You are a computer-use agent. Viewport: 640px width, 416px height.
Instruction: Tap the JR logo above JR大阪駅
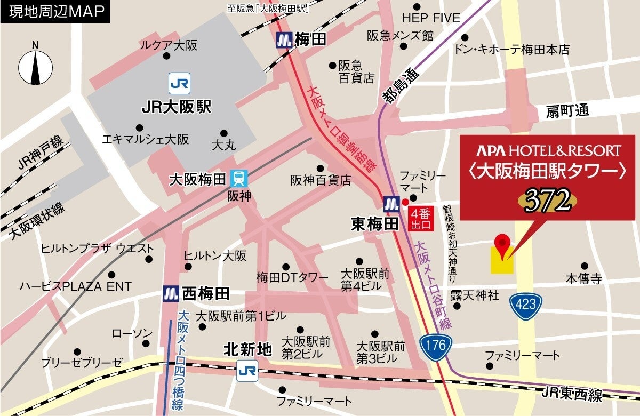(x=180, y=83)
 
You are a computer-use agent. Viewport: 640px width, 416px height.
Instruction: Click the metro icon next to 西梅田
(x=171, y=293)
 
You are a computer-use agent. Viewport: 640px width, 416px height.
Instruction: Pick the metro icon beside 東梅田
(x=393, y=203)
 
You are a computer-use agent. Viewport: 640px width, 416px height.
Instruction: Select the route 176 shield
(x=435, y=346)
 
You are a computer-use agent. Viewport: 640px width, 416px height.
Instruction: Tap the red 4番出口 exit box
(x=421, y=219)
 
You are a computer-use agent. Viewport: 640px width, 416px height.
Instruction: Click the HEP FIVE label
(x=431, y=18)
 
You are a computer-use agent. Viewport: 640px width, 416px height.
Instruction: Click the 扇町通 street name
(x=567, y=111)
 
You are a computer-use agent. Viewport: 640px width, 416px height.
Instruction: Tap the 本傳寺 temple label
(x=583, y=278)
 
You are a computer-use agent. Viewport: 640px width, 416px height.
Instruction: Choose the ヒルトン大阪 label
(x=215, y=256)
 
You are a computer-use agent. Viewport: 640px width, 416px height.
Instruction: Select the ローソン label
(x=132, y=333)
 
